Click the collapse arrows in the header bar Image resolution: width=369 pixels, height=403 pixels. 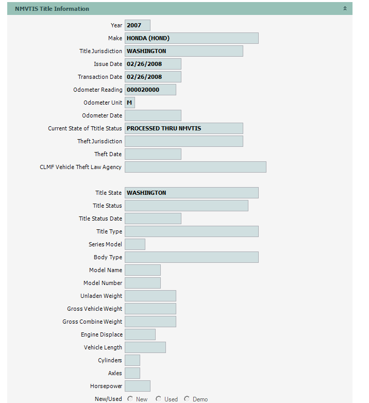(345, 9)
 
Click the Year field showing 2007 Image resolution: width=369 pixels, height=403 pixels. (137, 25)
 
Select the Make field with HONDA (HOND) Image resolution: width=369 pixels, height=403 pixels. (191, 38)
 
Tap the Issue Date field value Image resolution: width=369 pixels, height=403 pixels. (153, 64)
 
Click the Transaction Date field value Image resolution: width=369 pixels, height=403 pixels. (153, 77)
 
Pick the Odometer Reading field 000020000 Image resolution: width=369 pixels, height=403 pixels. (150, 90)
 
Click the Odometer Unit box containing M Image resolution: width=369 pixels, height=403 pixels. (130, 103)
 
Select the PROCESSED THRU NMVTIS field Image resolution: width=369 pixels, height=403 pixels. (183, 128)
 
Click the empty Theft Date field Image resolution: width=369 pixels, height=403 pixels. (153, 154)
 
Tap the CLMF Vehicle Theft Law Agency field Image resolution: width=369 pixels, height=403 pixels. (195, 167)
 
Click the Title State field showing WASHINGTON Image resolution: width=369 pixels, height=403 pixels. (191, 193)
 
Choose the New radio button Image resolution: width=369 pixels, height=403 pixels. (130, 399)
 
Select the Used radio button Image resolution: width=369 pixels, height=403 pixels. (159, 399)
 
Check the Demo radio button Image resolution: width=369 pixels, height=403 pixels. (187, 399)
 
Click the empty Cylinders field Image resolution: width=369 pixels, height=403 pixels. (132, 360)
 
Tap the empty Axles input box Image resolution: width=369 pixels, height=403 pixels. (132, 373)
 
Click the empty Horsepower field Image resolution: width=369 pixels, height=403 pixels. (137, 386)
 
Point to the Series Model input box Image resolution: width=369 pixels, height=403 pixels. (135, 244)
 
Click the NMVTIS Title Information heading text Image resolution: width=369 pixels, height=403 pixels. (52, 9)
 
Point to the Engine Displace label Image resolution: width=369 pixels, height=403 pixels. (102, 334)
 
